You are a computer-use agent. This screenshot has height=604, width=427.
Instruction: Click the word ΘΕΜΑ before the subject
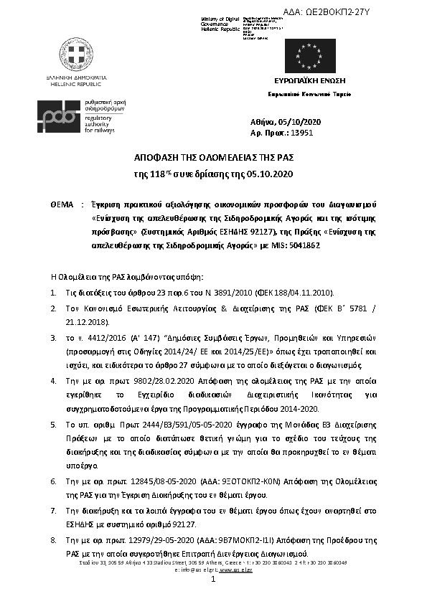click(63, 205)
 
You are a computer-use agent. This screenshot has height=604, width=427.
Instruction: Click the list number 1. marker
click(54, 293)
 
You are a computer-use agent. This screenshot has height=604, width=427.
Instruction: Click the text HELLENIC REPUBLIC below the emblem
click(76, 82)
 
